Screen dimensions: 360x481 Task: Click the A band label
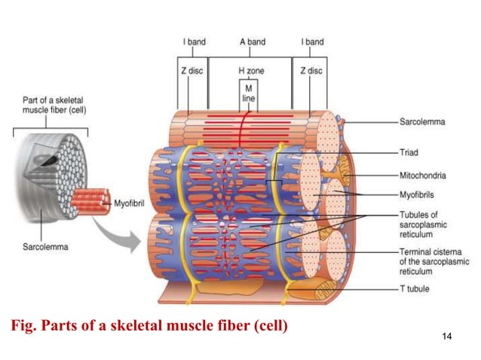250,42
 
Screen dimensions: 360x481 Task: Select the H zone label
250,70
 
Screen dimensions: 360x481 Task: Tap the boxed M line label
249,93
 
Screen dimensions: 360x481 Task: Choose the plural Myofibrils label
418,194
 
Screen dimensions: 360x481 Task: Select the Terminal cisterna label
434,257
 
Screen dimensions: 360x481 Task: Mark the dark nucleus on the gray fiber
49,159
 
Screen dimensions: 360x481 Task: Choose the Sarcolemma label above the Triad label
421,121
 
